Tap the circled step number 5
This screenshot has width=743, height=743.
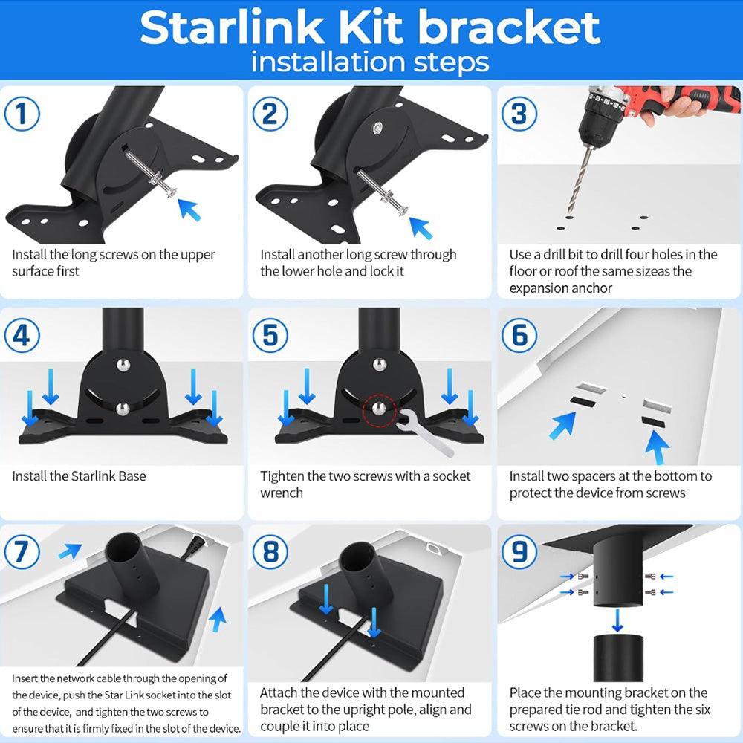(x=270, y=336)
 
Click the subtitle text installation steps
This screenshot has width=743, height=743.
(x=370, y=62)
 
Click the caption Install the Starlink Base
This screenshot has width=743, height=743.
(x=79, y=476)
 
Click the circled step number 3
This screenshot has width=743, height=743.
(x=519, y=115)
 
